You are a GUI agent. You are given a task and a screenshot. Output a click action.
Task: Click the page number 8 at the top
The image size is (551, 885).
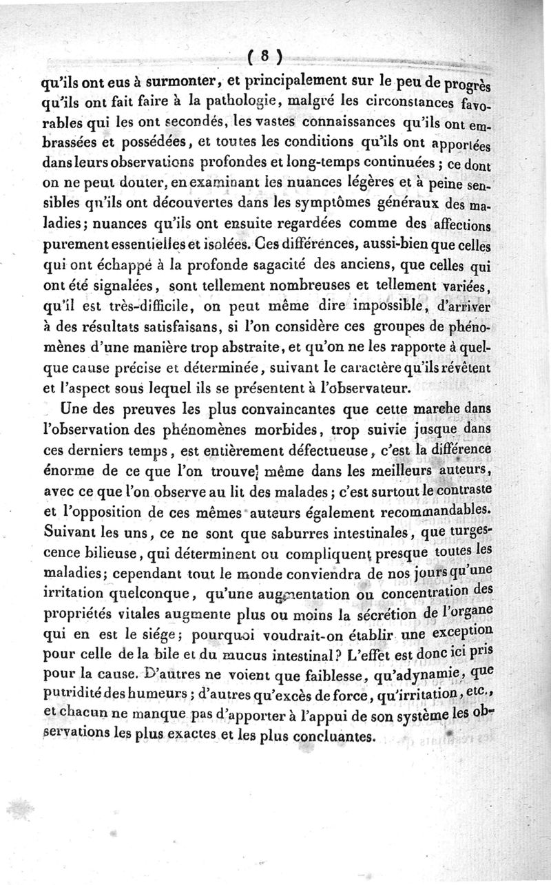click(x=263, y=56)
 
